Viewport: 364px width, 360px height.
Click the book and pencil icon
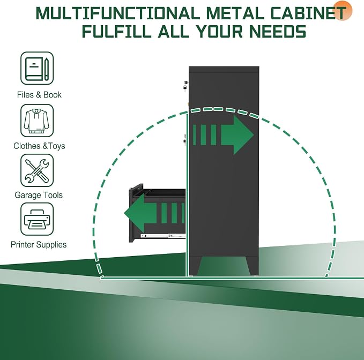(37, 69)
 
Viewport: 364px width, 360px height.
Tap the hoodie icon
(37, 121)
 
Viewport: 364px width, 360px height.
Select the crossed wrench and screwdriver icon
(37, 170)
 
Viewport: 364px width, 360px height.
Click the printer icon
(37, 219)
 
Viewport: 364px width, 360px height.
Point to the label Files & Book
(39, 95)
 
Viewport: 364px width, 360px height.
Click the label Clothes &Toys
(39, 146)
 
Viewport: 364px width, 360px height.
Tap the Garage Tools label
(39, 195)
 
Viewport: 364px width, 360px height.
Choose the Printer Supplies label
(39, 244)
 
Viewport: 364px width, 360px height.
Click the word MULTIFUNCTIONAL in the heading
(118, 13)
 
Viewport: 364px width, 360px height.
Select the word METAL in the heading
(235, 13)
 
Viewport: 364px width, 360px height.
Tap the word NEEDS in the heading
(278, 31)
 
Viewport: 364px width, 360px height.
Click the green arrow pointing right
(223, 135)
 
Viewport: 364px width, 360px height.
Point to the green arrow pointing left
(154, 213)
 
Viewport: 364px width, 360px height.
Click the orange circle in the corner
(343, 10)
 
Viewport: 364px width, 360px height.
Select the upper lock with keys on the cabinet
(185, 85)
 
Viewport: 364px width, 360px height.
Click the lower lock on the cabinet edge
(185, 140)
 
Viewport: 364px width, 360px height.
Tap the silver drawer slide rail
(164, 236)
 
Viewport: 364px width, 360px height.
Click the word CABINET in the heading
(308, 13)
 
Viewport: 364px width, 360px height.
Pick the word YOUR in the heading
(219, 31)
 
